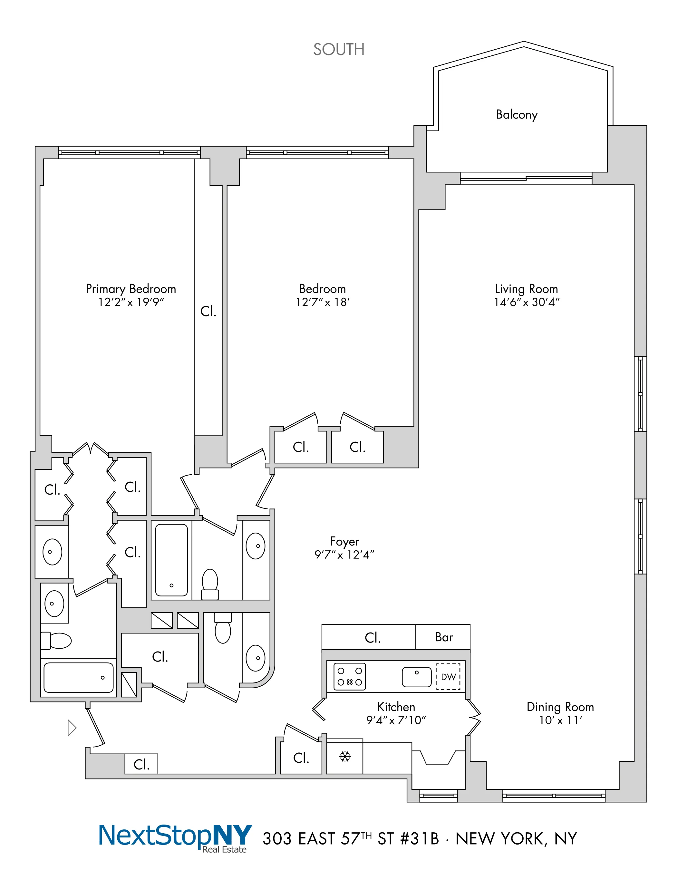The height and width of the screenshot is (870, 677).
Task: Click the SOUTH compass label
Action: click(339, 49)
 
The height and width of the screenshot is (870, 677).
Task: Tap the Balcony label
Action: click(517, 115)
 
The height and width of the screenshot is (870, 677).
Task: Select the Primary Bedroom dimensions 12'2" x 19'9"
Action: click(131, 302)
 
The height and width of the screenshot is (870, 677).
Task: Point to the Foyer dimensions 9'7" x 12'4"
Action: click(344, 555)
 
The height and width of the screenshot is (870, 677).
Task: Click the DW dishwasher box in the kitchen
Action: click(448, 676)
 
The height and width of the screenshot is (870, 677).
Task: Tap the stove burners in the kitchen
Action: click(350, 676)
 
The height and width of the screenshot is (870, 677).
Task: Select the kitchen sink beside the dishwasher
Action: click(416, 677)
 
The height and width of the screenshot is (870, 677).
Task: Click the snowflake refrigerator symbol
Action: click(345, 757)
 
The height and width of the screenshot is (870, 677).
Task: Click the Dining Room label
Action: click(560, 707)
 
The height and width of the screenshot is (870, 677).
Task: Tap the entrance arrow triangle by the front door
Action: click(72, 728)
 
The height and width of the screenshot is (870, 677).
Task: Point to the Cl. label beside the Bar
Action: click(372, 638)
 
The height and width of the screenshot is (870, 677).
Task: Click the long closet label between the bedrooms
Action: click(208, 311)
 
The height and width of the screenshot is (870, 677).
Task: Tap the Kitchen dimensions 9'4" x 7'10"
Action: click(396, 720)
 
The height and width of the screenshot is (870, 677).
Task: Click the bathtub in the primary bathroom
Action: click(79, 678)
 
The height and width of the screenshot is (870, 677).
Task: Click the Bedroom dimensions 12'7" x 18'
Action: click(322, 302)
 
